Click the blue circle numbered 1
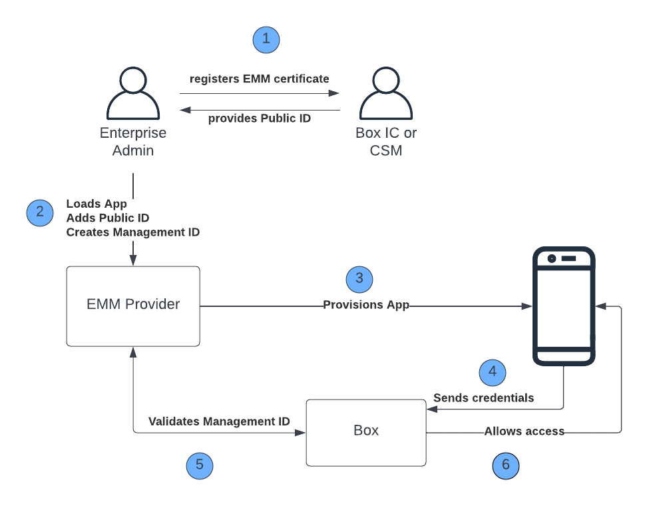[x=266, y=39]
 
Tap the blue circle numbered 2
[x=40, y=213]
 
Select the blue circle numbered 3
[x=359, y=279]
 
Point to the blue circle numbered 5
[x=200, y=465]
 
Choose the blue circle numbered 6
[x=506, y=465]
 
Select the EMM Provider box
[x=133, y=306]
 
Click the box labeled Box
[x=366, y=432]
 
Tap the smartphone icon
[x=565, y=306]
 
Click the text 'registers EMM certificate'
[x=260, y=79]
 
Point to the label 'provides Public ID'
[x=260, y=119]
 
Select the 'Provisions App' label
[x=366, y=305]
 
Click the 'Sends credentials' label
[x=484, y=398]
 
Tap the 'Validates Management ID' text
[x=219, y=421]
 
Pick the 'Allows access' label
[x=525, y=431]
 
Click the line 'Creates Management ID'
[x=133, y=232]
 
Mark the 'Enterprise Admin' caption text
[x=133, y=142]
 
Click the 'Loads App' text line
[x=97, y=204]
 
